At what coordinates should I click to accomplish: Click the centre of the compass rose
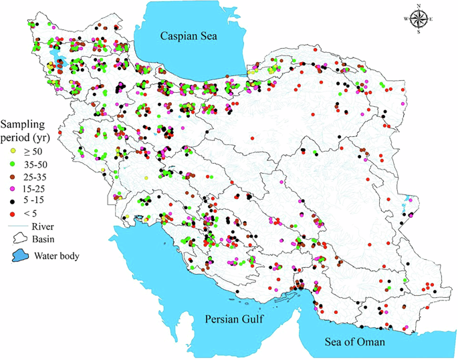point(419,19)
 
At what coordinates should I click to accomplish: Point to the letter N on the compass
point(419,5)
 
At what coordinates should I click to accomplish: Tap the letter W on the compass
point(405,19)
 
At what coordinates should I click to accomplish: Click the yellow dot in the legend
point(13,152)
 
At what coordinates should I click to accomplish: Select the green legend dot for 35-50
point(13,164)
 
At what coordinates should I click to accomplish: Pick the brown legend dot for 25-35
point(13,177)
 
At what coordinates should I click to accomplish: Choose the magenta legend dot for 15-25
point(13,189)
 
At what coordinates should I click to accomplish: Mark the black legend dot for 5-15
point(13,202)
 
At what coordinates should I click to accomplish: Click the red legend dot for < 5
point(13,214)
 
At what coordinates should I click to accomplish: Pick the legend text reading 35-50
point(38,164)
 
